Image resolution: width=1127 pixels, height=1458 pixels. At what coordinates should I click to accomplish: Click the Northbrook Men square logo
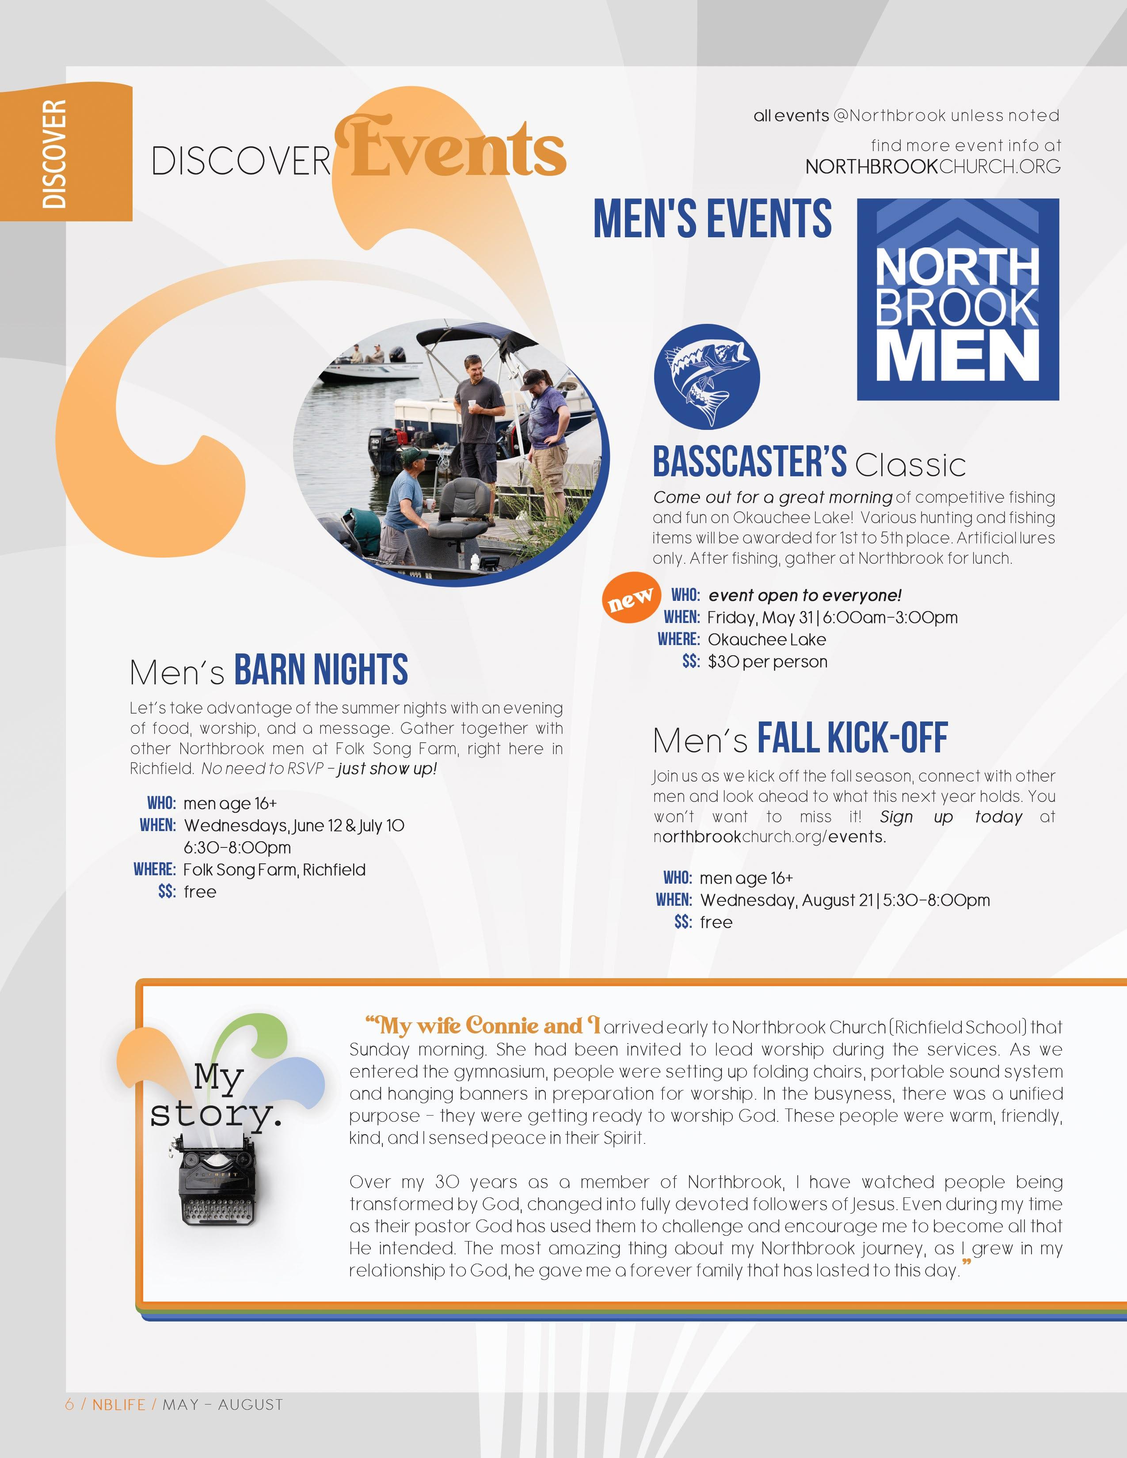[957, 299]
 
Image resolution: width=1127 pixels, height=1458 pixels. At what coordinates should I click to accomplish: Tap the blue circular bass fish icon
[706, 376]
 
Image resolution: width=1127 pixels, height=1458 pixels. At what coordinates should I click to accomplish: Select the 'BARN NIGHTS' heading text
[320, 670]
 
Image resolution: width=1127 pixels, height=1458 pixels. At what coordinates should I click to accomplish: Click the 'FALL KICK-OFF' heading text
[852, 738]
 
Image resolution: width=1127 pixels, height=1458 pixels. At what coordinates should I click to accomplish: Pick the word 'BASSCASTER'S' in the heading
[749, 462]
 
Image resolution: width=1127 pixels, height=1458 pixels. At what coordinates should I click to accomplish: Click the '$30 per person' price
[767, 661]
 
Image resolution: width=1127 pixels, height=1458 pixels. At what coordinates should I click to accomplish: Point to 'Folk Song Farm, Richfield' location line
[274, 870]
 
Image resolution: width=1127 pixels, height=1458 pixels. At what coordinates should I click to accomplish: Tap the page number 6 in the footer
[69, 1405]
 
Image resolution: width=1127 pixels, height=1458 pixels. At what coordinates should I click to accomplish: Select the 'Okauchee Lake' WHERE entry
[766, 640]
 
